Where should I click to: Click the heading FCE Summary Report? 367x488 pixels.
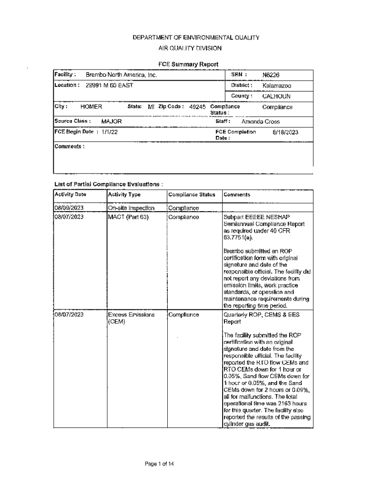point(188,64)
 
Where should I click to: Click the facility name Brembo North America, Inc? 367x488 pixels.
point(121,75)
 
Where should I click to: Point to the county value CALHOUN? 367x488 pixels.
point(276,96)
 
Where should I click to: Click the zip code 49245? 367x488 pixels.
point(197,107)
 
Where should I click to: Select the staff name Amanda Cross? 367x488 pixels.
point(260,122)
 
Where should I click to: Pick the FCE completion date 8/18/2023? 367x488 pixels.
point(285,132)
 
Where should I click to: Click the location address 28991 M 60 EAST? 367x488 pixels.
point(109,86)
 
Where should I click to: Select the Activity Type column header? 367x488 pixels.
point(124,194)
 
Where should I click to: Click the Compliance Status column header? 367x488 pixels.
point(192,194)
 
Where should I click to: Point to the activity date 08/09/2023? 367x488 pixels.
point(69,208)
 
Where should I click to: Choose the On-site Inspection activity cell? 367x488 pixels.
point(131,208)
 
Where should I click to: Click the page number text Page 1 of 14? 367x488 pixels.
point(159,463)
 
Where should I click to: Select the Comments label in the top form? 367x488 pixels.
point(70,147)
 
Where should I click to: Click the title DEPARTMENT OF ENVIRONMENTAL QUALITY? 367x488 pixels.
point(189,37)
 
